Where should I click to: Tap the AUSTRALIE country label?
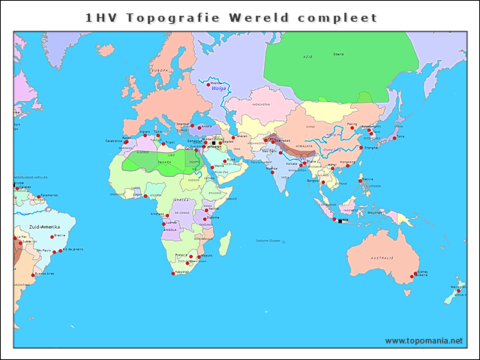click(x=382, y=258)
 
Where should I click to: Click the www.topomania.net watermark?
click(x=424, y=340)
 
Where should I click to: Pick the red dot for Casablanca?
click(x=122, y=140)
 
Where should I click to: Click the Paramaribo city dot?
click(x=39, y=196)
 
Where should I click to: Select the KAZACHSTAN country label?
click(x=261, y=105)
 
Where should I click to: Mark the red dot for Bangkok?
click(x=322, y=181)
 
